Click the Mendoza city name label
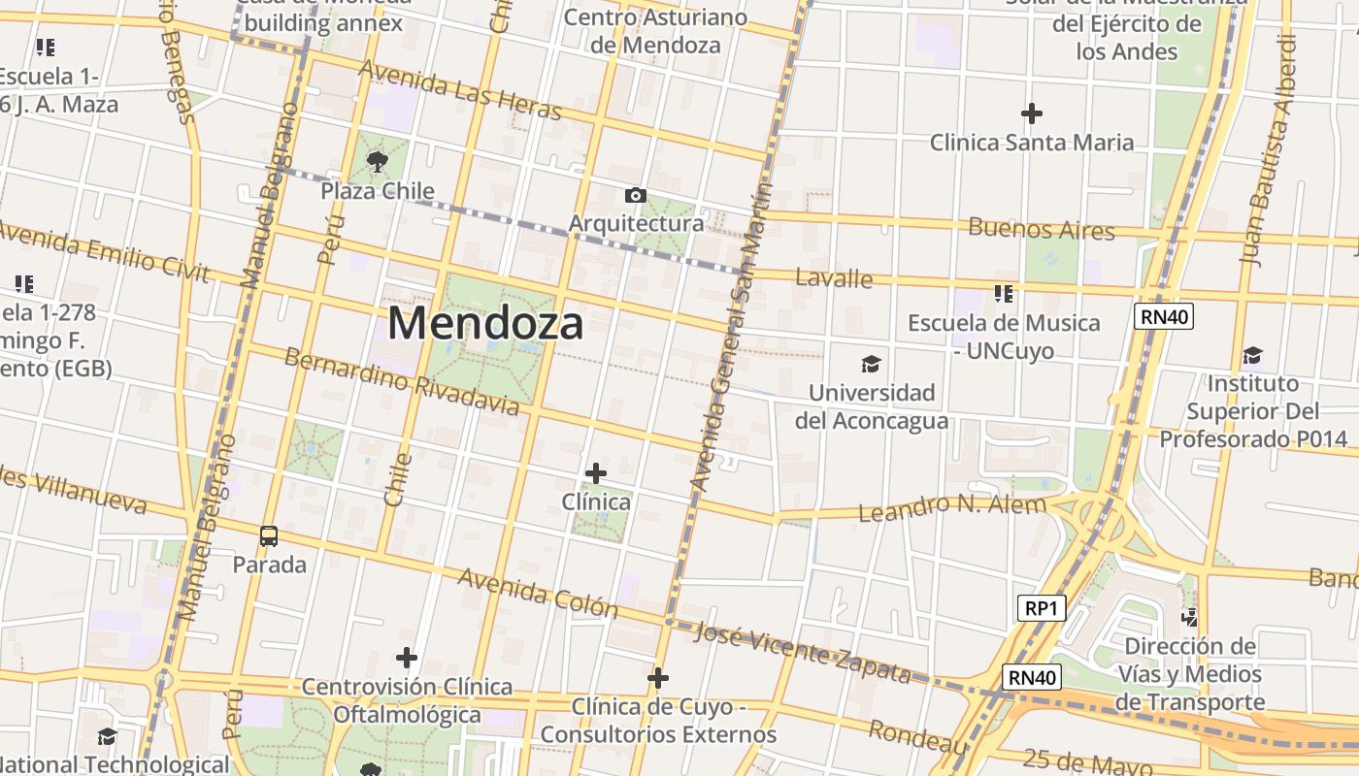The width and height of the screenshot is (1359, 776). (x=485, y=323)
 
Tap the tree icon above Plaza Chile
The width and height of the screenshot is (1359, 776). (x=377, y=161)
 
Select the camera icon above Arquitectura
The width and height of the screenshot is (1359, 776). (x=636, y=196)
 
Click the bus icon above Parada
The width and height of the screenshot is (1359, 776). (x=269, y=535)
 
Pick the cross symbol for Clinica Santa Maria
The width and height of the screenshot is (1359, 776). (x=1032, y=113)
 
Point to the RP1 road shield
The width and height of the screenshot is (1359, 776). (x=1043, y=608)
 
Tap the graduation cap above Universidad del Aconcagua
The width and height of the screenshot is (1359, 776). (x=871, y=365)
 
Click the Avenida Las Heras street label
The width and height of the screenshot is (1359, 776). (x=460, y=90)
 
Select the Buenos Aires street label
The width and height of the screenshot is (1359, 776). (x=1042, y=230)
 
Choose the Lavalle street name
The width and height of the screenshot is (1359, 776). (x=834, y=278)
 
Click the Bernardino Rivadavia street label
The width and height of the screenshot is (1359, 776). (x=401, y=380)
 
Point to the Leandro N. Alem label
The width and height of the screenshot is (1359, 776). (x=953, y=505)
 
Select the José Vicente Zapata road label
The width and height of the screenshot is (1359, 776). (x=804, y=651)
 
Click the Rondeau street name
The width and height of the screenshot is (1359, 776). (x=918, y=737)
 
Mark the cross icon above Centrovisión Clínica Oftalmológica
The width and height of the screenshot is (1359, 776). (x=407, y=658)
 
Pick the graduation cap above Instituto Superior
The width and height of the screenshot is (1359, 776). (x=1252, y=355)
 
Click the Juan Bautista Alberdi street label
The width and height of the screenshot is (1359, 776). (x=1270, y=150)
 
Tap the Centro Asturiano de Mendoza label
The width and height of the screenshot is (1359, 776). (x=655, y=31)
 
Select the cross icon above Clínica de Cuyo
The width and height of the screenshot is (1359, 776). (x=658, y=677)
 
